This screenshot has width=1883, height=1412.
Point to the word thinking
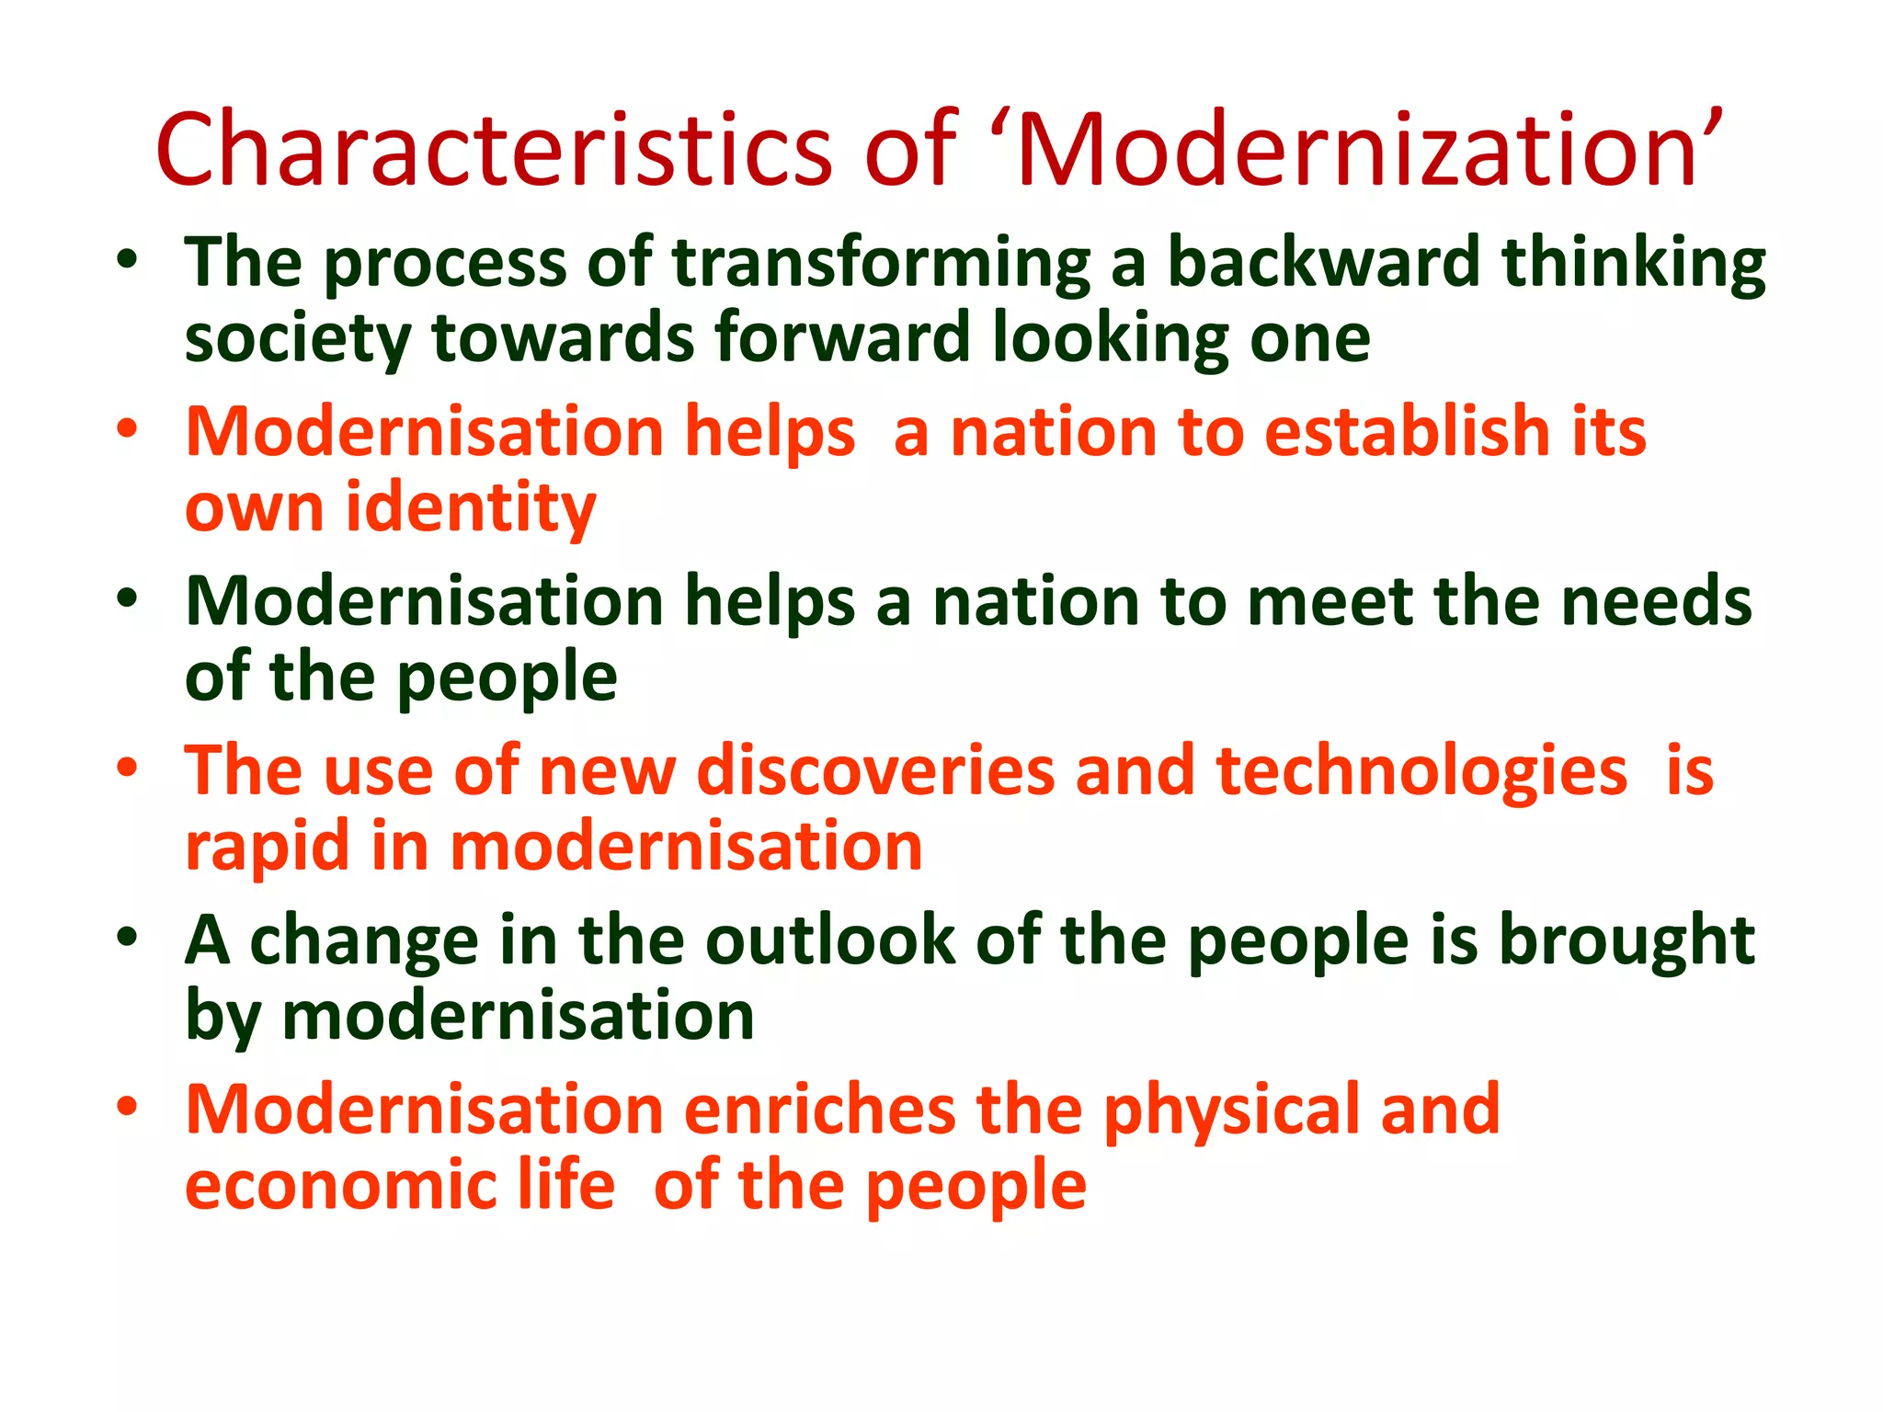click(x=1633, y=263)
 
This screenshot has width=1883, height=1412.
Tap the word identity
click(x=471, y=508)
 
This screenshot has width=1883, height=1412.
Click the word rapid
click(x=268, y=848)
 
